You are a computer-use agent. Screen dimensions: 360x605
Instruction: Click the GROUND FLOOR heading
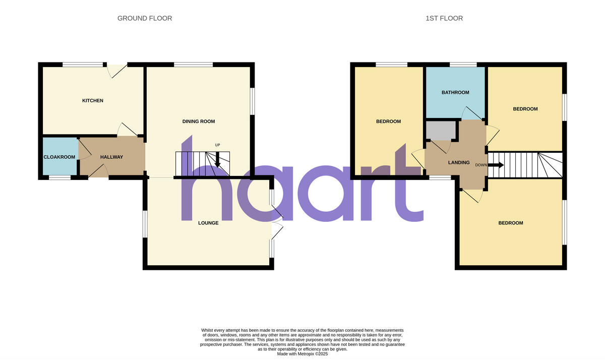point(145,18)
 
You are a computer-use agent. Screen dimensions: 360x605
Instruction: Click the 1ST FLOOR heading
point(444,18)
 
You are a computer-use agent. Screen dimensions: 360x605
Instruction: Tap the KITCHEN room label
point(93,101)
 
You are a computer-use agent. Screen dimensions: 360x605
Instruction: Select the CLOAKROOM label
point(59,157)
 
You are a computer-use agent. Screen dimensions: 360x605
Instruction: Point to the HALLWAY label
point(111,157)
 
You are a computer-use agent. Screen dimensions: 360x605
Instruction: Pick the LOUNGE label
point(208,223)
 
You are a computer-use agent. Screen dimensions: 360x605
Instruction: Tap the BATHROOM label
point(455,93)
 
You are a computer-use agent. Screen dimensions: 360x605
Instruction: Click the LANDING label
point(459,163)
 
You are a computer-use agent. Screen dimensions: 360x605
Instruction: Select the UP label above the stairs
point(218,145)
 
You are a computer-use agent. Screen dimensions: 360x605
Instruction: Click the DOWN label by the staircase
point(481,165)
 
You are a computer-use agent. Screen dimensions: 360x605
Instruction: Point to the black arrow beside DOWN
point(496,165)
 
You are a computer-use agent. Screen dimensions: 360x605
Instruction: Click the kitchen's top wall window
point(82,64)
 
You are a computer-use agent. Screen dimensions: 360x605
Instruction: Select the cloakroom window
point(59,177)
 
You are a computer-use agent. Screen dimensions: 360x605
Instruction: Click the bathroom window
point(463,65)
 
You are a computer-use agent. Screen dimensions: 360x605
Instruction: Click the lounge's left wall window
point(145,223)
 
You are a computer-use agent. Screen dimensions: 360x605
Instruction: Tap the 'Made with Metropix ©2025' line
point(302,354)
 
